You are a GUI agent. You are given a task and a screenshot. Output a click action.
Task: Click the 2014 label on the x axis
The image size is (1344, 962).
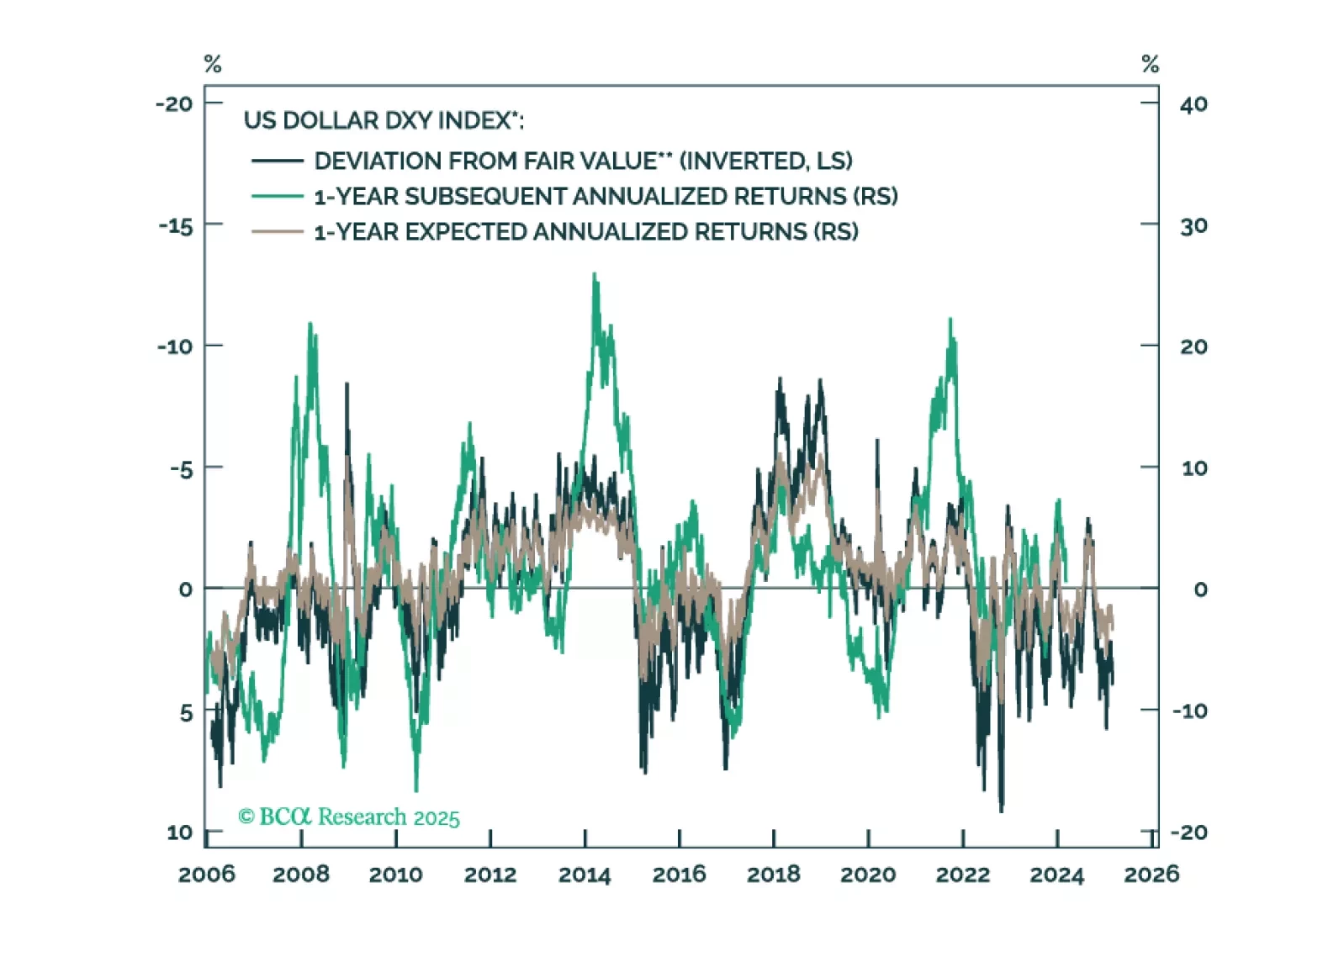(x=585, y=875)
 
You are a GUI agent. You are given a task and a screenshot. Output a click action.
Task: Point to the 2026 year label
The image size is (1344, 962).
(x=1151, y=875)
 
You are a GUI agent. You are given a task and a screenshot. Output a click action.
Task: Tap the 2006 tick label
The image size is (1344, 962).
(x=207, y=875)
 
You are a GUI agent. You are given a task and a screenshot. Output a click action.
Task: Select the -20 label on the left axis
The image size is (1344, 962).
(x=174, y=104)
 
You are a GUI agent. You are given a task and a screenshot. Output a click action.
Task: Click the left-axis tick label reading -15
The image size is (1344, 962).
(x=176, y=226)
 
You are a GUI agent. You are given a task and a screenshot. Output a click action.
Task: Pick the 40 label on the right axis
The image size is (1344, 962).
(x=1193, y=105)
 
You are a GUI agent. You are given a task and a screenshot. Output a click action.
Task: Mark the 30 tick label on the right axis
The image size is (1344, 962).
(x=1193, y=226)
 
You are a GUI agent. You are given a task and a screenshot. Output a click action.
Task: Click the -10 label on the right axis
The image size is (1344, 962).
(x=1190, y=711)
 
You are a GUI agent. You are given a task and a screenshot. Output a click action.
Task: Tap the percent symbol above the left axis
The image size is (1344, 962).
(x=213, y=64)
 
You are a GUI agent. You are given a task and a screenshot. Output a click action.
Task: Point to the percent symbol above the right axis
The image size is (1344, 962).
(x=1151, y=64)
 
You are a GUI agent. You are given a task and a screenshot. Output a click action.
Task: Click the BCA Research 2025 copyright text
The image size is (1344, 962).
(x=349, y=817)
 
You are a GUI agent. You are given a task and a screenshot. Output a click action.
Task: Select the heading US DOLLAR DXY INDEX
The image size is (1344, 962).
(x=383, y=121)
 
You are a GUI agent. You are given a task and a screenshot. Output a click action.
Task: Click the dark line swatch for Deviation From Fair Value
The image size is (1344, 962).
(x=278, y=161)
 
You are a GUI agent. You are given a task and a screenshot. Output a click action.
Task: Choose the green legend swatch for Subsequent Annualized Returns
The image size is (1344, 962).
(x=278, y=196)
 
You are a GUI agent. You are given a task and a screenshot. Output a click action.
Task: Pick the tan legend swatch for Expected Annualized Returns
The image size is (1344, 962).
(x=278, y=231)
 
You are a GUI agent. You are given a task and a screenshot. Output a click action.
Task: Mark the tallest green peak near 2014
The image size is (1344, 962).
(x=595, y=274)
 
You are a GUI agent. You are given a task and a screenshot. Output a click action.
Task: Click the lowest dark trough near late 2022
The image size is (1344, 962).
(x=1001, y=811)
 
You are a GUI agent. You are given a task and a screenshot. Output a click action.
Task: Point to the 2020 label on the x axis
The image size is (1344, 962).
(x=868, y=875)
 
